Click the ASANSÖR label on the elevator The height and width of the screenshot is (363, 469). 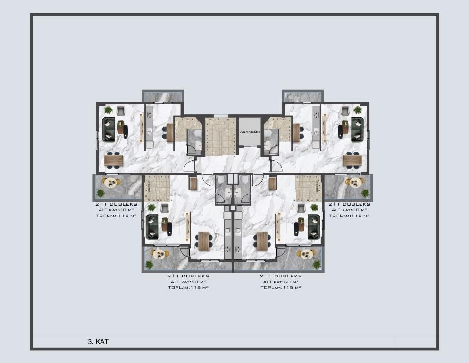(250, 132)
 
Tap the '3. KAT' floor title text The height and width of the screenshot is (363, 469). (98, 341)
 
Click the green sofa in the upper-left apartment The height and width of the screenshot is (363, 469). (109, 130)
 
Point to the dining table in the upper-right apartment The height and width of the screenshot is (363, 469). (352, 161)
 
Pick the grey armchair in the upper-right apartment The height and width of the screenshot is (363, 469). (345, 111)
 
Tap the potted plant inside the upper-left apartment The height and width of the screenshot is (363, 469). (109, 110)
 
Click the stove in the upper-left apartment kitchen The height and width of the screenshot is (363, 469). (149, 114)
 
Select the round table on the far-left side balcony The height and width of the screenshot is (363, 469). (111, 182)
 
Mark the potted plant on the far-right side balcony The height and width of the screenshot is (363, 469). (365, 193)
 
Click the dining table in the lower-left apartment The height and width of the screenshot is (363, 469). (204, 241)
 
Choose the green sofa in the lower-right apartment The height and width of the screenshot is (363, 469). (314, 226)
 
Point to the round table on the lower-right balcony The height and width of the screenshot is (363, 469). (307, 254)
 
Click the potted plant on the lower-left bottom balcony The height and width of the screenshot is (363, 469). (149, 265)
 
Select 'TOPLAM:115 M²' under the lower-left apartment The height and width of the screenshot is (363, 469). (188, 287)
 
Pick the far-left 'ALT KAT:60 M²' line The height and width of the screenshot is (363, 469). (116, 210)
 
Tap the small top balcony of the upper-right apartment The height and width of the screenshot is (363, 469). (302, 96)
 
